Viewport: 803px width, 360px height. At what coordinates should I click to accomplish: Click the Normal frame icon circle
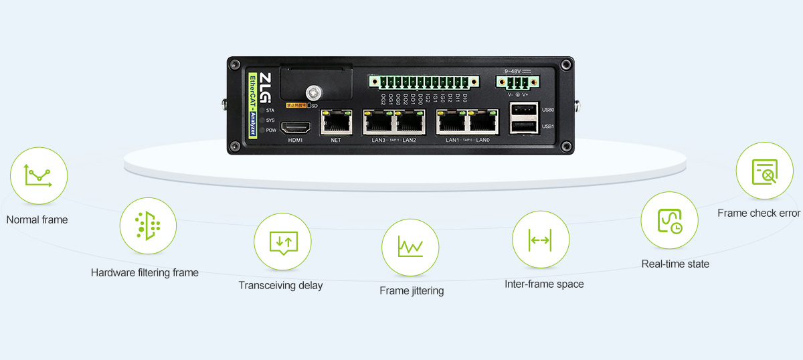pyautogui.click(x=39, y=176)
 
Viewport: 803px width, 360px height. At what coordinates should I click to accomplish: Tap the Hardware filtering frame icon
pyautogui.click(x=148, y=226)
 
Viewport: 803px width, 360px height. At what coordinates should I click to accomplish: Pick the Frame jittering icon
pyautogui.click(x=410, y=247)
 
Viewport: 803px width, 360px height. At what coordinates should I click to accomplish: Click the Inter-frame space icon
pyautogui.click(x=540, y=240)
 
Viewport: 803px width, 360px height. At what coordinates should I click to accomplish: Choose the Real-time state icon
pyautogui.click(x=670, y=220)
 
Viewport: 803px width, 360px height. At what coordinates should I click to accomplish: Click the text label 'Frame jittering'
pyautogui.click(x=412, y=291)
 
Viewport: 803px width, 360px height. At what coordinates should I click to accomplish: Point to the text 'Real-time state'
pyautogui.click(x=675, y=264)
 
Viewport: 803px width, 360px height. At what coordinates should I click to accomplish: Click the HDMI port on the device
pyautogui.click(x=295, y=127)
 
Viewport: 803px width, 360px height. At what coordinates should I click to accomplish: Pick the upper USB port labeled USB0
pyautogui.click(x=523, y=110)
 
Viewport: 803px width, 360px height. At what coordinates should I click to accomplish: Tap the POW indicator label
pyautogui.click(x=271, y=130)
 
